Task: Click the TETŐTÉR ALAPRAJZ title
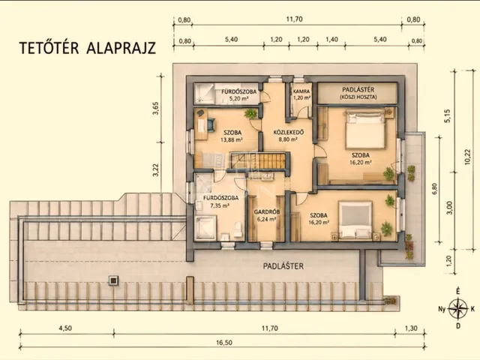coord(88,48)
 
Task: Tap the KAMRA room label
coord(301,91)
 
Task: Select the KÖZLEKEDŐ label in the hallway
coord(288,133)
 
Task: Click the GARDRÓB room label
coord(267,211)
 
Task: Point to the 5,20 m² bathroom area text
coord(238,98)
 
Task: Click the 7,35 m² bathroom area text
coord(220,205)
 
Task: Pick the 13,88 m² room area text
coord(232,140)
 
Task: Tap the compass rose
coord(458,308)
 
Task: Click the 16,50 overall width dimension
coord(224,343)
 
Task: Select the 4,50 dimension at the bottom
coord(65,328)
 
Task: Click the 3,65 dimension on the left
coord(156,108)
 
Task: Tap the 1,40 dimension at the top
coord(331,40)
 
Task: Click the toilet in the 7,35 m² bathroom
coord(238,229)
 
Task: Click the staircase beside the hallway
coord(258,160)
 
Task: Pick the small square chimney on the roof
coord(113,280)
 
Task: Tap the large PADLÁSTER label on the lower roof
coord(283,266)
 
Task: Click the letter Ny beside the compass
coord(442,309)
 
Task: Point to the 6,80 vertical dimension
coord(435,188)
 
